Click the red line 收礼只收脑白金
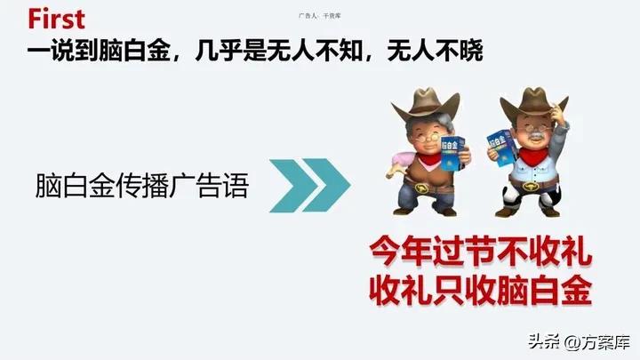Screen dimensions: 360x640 481,290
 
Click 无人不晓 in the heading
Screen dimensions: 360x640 436,50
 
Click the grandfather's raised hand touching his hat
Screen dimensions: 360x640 558,109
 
